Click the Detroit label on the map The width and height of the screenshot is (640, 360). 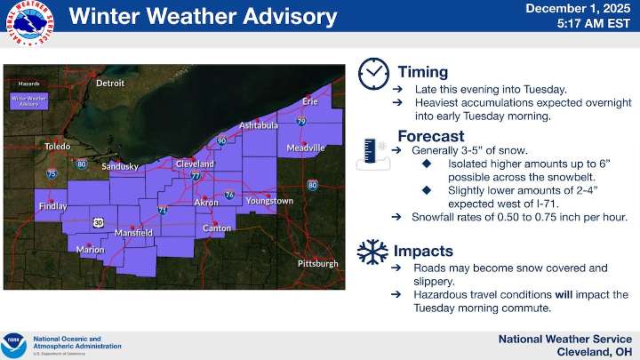pyautogui.click(x=110, y=84)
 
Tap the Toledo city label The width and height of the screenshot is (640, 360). pyautogui.click(x=57, y=146)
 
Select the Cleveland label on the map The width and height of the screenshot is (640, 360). pyautogui.click(x=195, y=164)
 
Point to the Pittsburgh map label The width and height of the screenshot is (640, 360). pyautogui.click(x=317, y=264)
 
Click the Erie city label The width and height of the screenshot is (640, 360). pyautogui.click(x=310, y=102)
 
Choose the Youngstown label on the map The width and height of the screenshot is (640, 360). pyautogui.click(x=269, y=201)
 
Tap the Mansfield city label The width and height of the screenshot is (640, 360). pyautogui.click(x=134, y=233)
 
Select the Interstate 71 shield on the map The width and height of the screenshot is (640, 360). pyautogui.click(x=162, y=211)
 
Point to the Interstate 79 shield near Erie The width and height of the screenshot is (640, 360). pyautogui.click(x=301, y=121)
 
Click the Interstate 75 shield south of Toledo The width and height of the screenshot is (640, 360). pyautogui.click(x=52, y=174)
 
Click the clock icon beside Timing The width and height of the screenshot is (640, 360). pyautogui.click(x=373, y=73)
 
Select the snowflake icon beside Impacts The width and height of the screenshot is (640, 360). pyautogui.click(x=372, y=252)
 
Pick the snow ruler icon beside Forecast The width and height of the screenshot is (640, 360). pyautogui.click(x=372, y=153)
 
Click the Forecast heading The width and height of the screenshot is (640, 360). pyautogui.click(x=430, y=137)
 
